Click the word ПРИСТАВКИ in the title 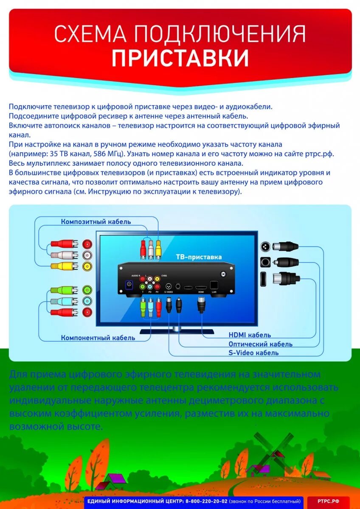point(180,58)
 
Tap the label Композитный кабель point(96,221)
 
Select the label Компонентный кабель point(98,338)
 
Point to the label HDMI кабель point(250,335)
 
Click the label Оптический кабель point(260,344)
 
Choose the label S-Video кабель point(253,353)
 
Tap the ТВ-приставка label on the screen point(199,257)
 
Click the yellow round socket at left point(87,266)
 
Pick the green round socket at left point(87,290)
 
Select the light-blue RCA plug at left point(64,301)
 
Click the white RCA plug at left point(64,255)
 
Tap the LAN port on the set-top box point(214,285)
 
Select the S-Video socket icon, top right point(265,247)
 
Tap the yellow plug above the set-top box point(158,249)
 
